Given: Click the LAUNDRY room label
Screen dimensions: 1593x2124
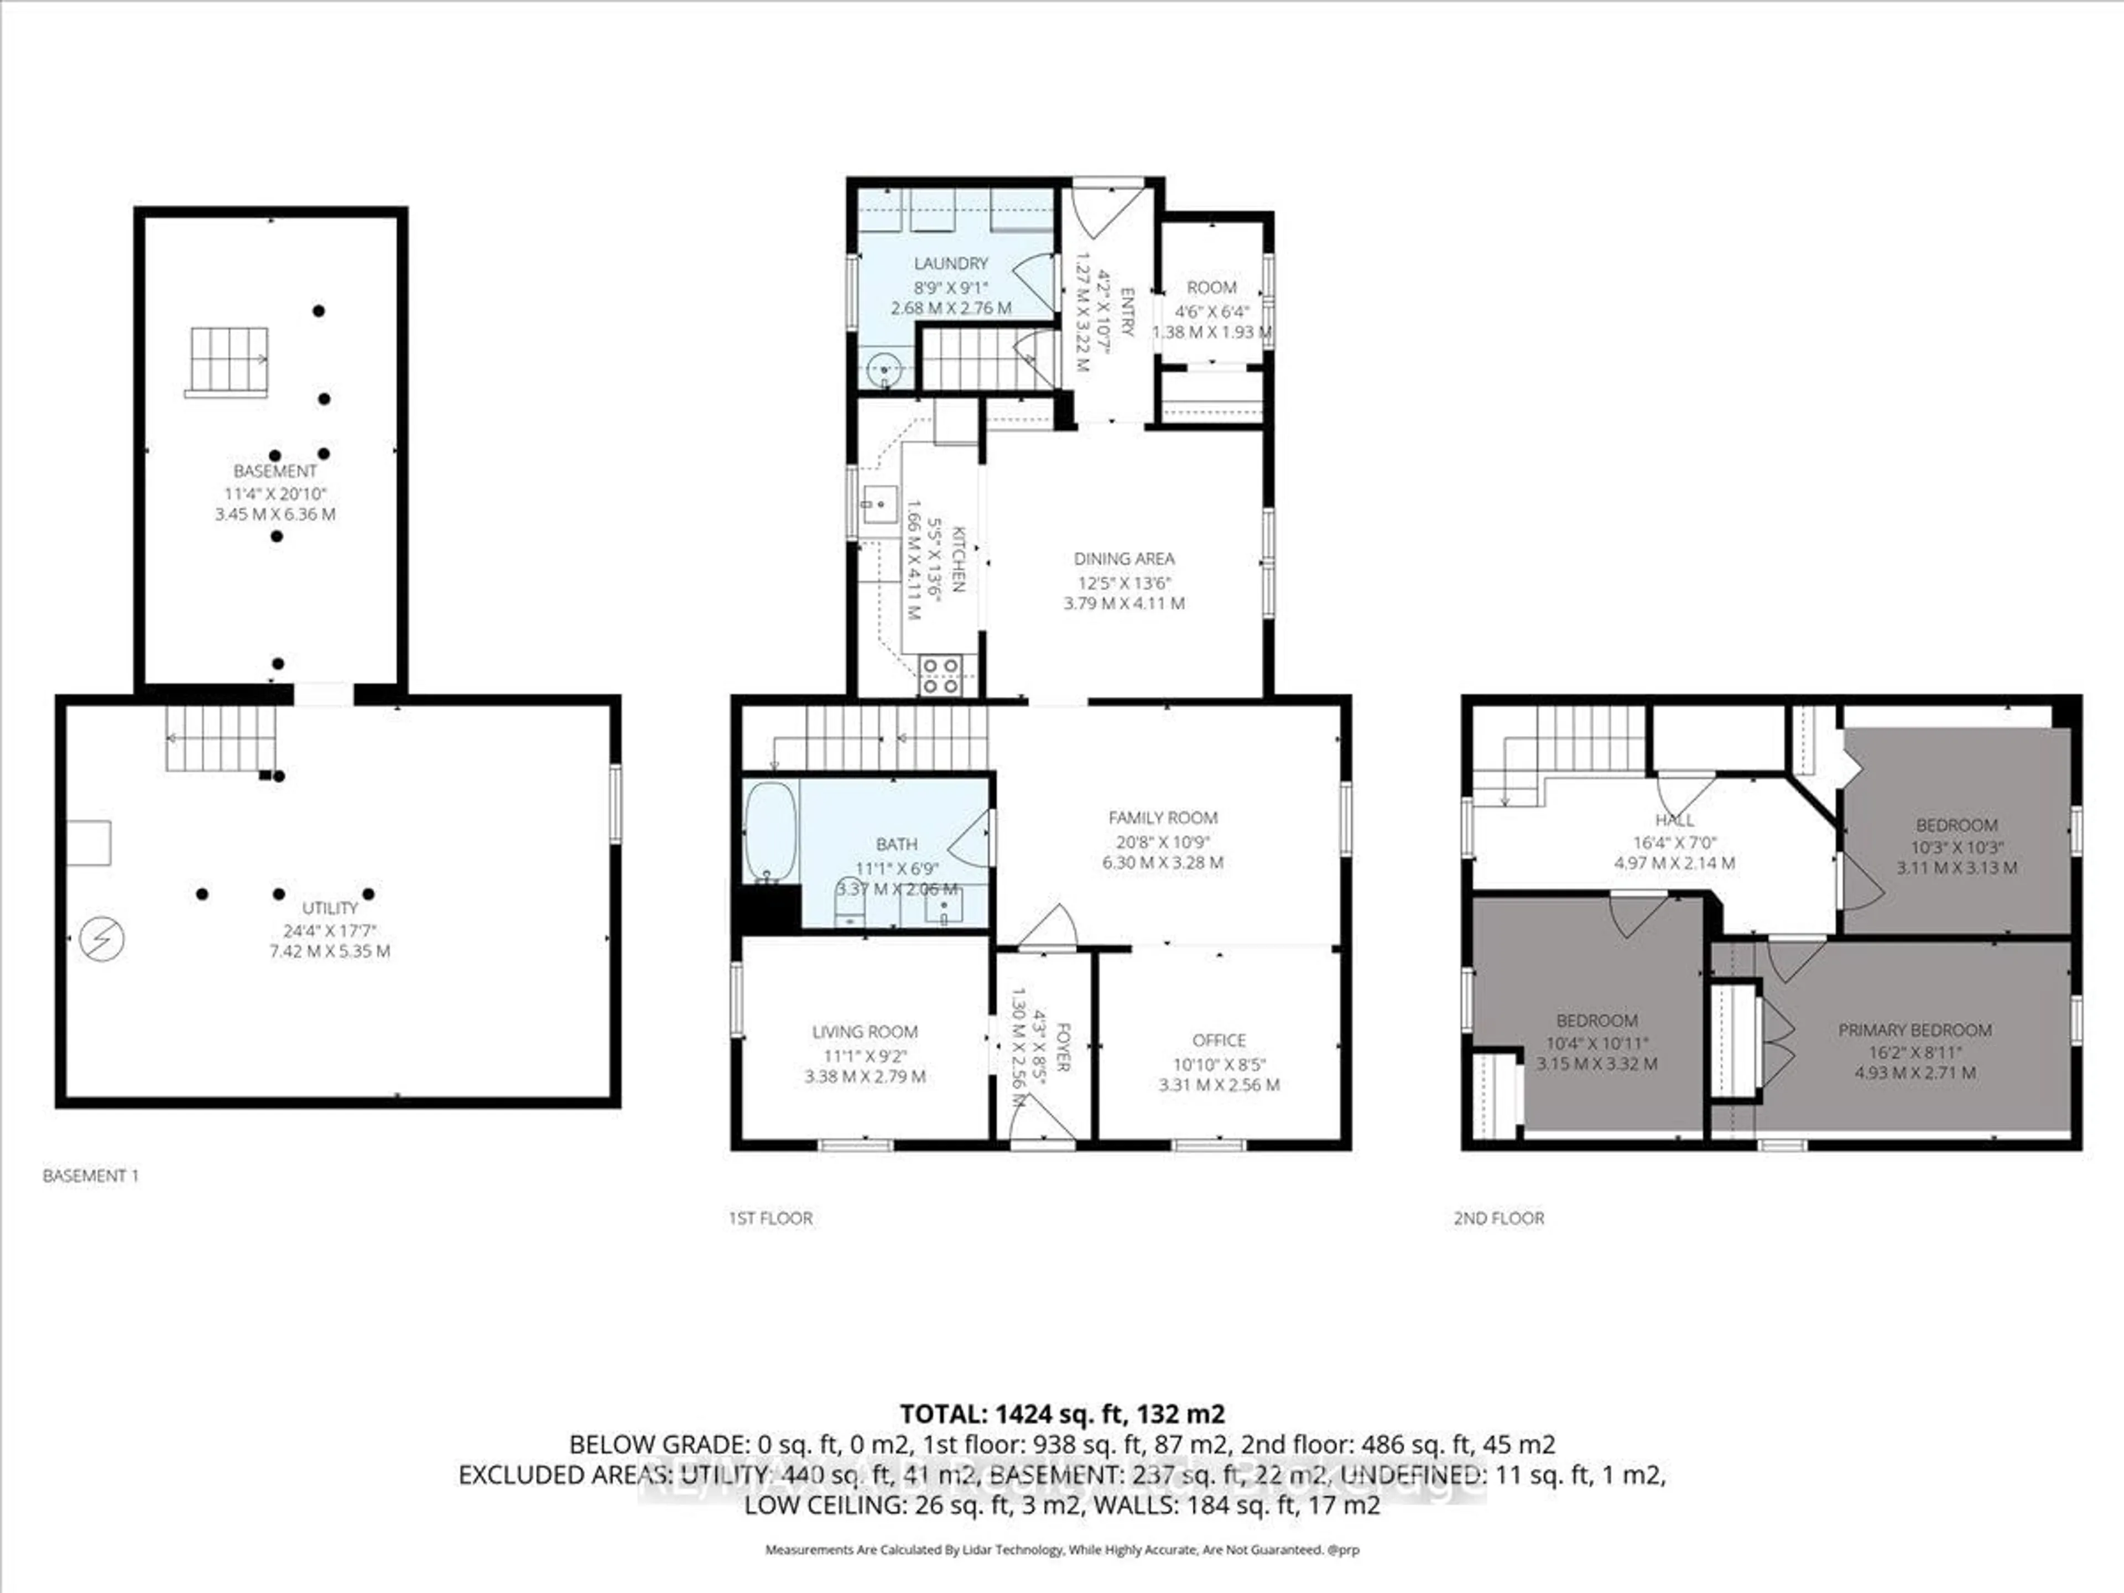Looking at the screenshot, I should point(951,263).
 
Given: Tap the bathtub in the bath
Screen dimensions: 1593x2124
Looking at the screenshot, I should point(770,831).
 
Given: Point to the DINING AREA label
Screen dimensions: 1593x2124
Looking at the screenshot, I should point(1123,559).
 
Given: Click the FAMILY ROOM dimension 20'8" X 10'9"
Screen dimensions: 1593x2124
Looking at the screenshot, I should point(1162,841).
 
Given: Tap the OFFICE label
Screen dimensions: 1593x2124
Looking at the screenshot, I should point(1219,1040).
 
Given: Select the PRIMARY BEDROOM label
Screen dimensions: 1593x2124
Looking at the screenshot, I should point(1915,1029).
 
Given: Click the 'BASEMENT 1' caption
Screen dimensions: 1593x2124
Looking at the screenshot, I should point(90,1175).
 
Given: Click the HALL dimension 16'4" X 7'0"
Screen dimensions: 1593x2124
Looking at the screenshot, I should point(1675,842).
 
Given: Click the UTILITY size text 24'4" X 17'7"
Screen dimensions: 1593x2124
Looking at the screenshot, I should point(330,929).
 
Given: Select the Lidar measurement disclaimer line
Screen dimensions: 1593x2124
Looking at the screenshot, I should point(1062,1549).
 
